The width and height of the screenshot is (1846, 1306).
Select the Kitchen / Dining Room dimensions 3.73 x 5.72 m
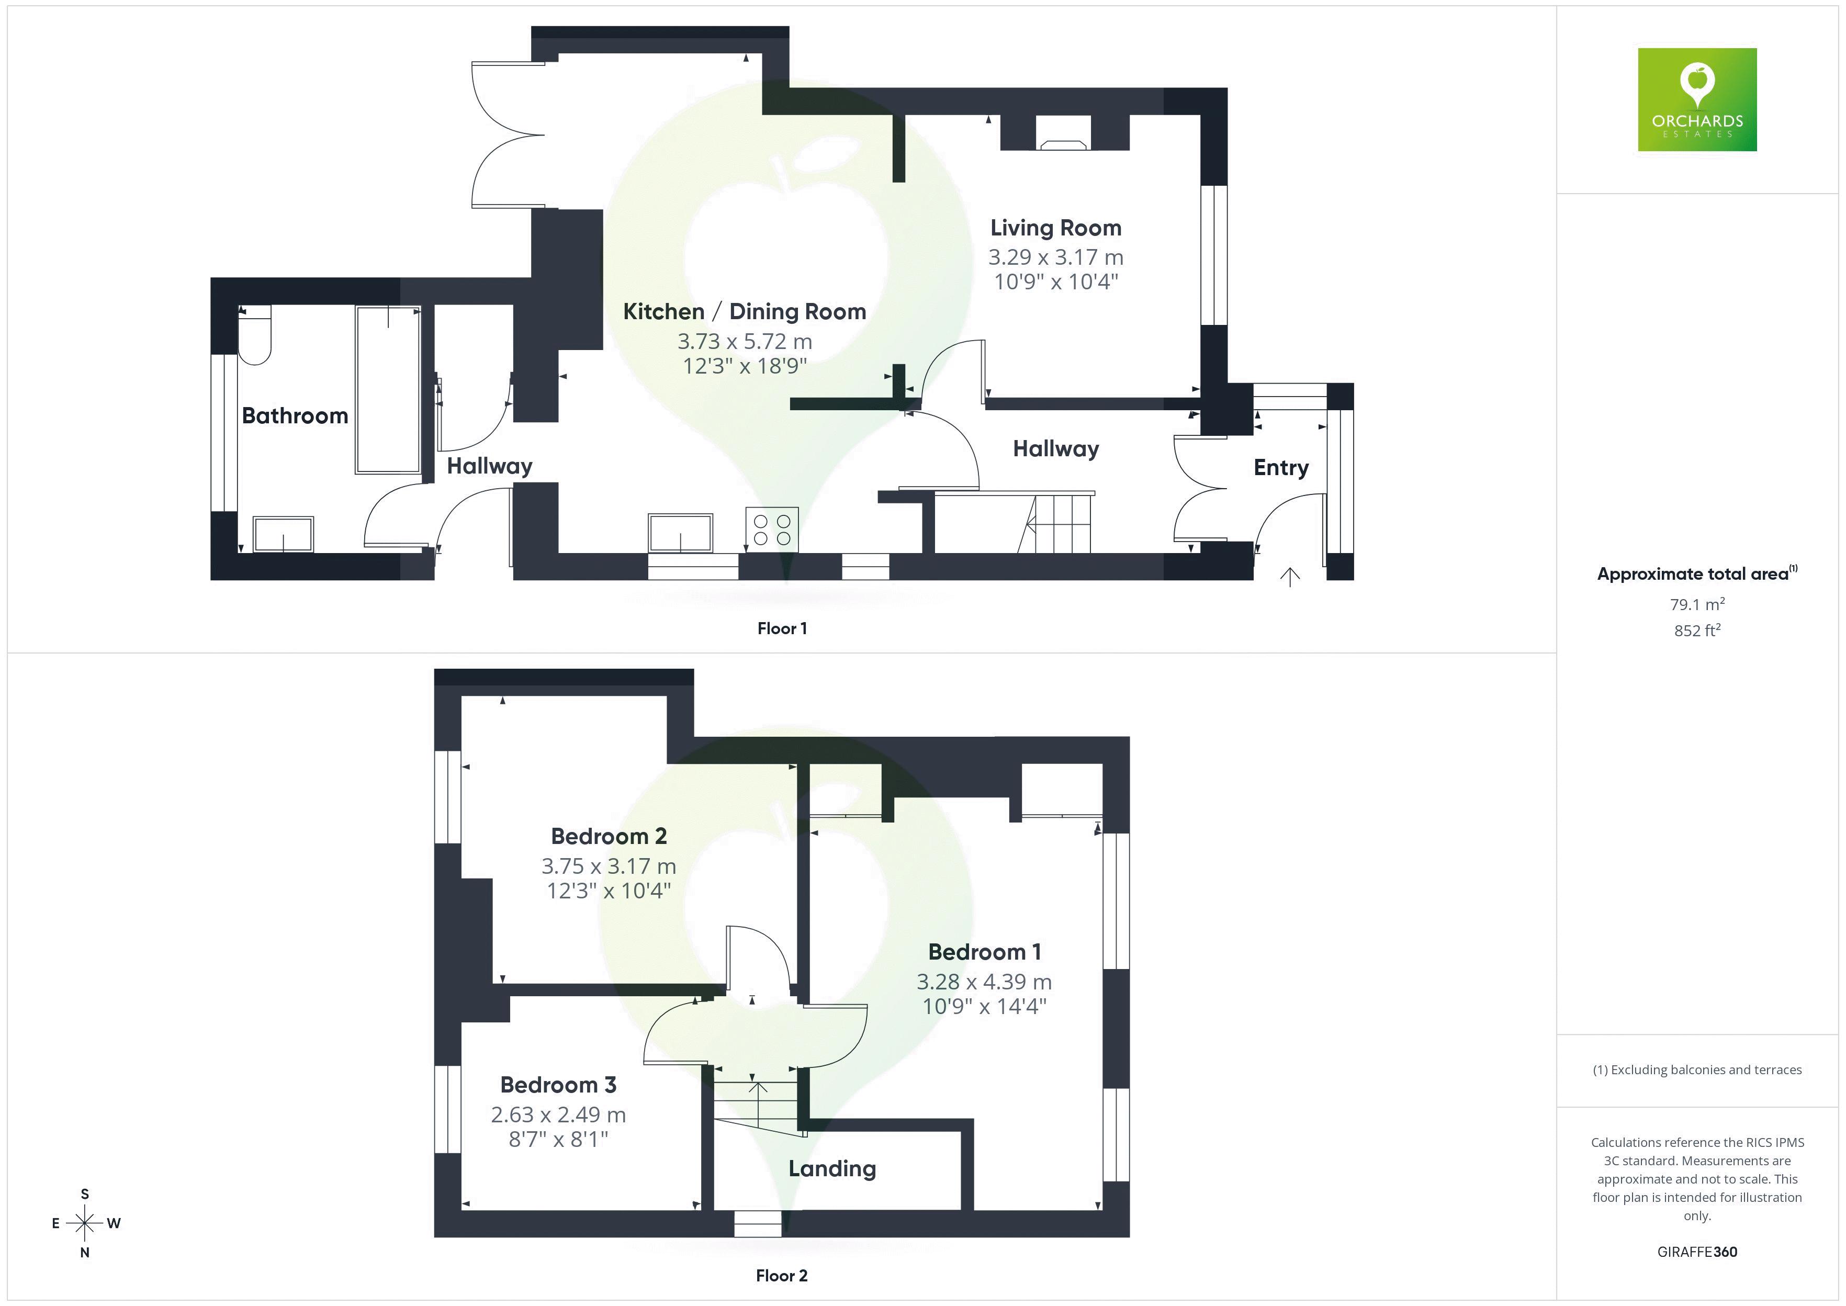tap(745, 341)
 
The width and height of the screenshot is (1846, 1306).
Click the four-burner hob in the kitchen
tap(772, 529)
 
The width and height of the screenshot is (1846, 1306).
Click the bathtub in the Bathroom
tap(388, 389)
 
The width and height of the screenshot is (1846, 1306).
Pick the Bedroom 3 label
tap(558, 1085)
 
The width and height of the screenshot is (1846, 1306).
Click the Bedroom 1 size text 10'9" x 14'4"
tap(984, 1006)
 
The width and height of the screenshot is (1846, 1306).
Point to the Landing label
tap(831, 1168)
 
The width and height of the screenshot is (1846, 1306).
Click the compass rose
tap(84, 1223)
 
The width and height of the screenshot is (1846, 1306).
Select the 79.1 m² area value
tap(1696, 604)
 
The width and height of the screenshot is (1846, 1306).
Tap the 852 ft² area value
tap(1696, 631)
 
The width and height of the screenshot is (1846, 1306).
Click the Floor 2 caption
tap(781, 1276)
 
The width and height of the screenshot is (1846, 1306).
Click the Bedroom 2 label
tap(609, 836)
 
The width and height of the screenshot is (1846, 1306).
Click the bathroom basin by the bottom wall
tap(283, 534)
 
